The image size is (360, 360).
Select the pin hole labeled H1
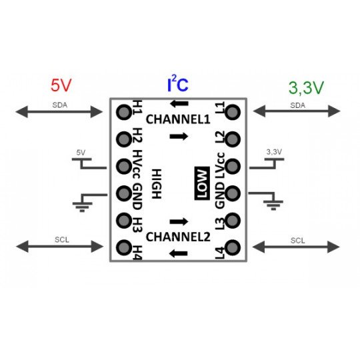(x=124, y=112)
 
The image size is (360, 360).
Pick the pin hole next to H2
(x=124, y=139)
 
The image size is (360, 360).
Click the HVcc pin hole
(x=124, y=165)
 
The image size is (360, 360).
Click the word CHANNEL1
(x=178, y=120)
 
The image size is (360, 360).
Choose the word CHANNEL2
(x=178, y=236)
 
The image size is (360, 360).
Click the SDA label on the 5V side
(x=60, y=105)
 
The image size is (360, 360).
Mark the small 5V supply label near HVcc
(x=81, y=153)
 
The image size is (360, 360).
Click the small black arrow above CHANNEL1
(x=177, y=103)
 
